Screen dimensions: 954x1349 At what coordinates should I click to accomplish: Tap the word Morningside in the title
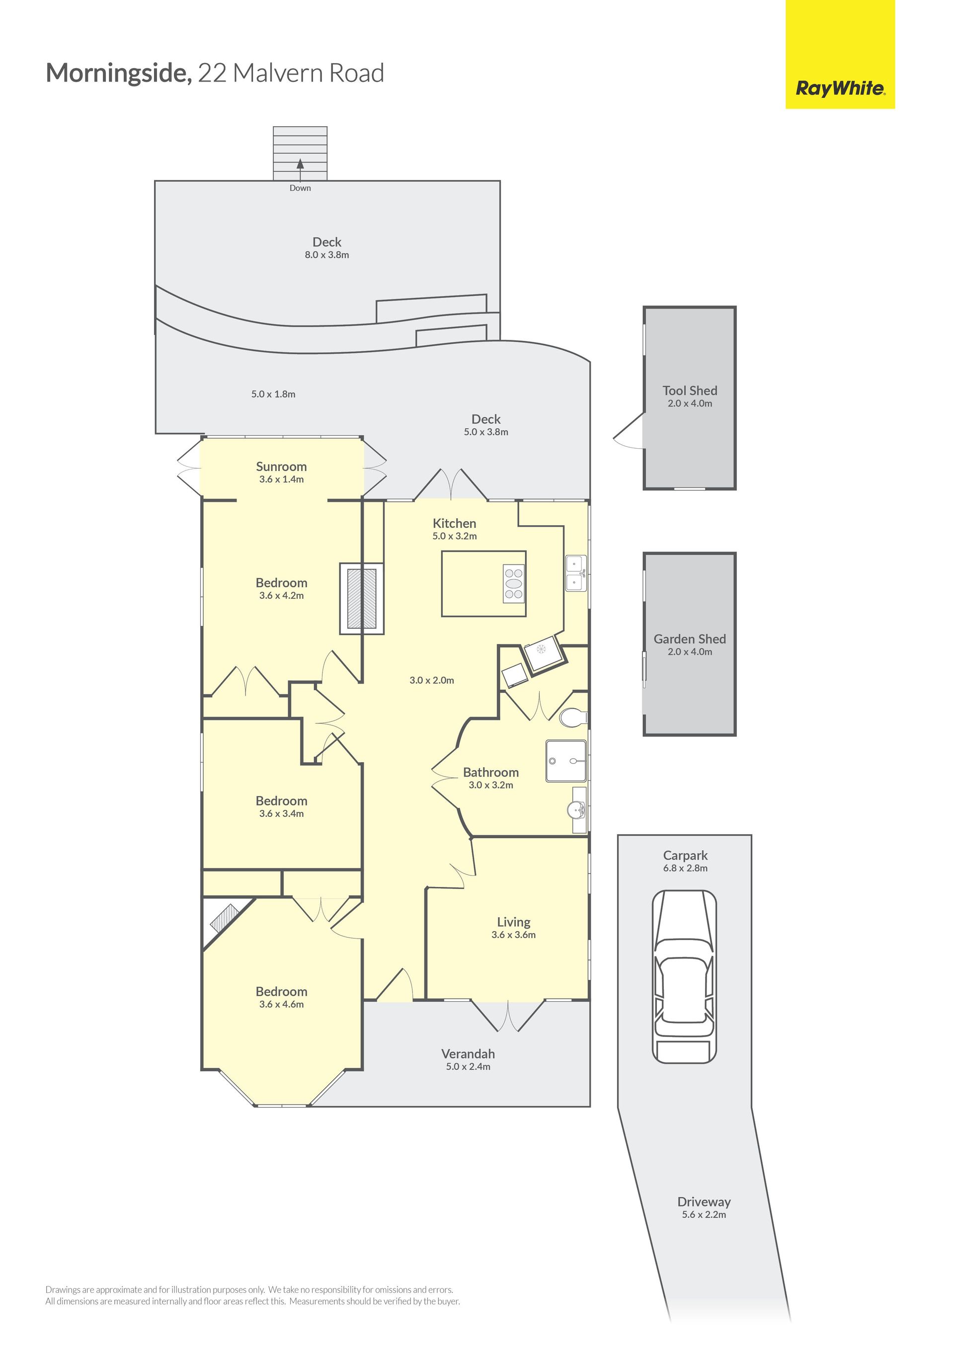[119, 74]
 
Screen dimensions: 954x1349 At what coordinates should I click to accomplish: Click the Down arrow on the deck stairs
[300, 170]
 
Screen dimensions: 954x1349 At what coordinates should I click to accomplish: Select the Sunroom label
[281, 467]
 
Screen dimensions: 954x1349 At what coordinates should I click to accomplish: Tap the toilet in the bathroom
[573, 717]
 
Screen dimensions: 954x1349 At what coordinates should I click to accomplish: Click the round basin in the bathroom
[576, 811]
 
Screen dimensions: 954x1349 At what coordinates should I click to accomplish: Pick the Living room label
[513, 923]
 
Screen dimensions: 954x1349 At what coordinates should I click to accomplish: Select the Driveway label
[704, 1202]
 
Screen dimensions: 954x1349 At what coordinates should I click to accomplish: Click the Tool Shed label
[690, 391]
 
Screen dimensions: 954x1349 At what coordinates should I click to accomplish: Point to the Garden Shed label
[690, 639]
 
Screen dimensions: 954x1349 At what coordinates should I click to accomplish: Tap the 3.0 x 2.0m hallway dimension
[432, 680]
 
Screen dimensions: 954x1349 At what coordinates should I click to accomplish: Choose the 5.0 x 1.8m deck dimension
[273, 394]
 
